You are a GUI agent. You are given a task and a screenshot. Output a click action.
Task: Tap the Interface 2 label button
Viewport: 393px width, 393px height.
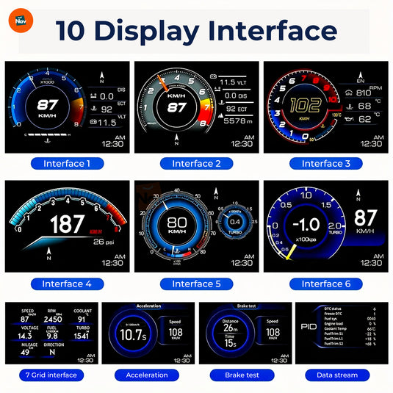(196, 163)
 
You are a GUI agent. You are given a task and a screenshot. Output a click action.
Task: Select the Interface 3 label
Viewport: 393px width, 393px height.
(326, 163)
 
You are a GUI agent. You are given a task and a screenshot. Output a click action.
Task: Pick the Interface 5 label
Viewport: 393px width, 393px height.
(196, 284)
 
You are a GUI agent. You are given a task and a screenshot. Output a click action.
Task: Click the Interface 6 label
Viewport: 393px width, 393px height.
(326, 284)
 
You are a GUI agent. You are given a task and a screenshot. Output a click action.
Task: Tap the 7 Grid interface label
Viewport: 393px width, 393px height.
(50, 375)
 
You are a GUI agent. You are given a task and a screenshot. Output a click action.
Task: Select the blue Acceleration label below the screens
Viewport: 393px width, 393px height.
(147, 375)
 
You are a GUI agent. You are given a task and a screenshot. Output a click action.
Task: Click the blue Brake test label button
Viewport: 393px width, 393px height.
(245, 375)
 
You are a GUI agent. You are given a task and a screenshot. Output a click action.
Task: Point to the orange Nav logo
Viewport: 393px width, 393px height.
(21, 21)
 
